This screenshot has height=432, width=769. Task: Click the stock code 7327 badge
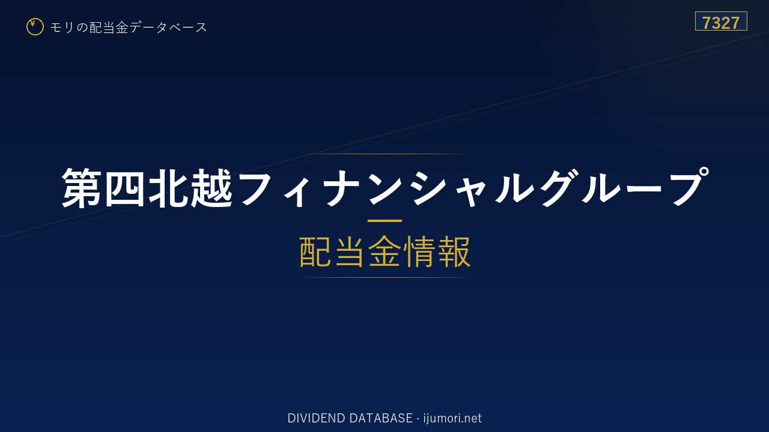click(721, 21)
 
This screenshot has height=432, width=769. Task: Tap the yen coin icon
click(35, 27)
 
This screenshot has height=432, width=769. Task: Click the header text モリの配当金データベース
click(129, 28)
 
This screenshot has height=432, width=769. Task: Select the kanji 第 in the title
click(81, 188)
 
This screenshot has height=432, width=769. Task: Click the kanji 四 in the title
click(124, 188)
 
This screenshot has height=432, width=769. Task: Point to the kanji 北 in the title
click(168, 188)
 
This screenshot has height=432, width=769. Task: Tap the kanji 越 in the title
click(211, 188)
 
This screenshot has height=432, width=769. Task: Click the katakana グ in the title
click(561, 188)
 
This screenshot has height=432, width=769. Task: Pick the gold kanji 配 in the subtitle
click(314, 251)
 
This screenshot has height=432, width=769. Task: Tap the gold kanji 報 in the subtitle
click(454, 251)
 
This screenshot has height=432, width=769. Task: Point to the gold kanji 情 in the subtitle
click(419, 251)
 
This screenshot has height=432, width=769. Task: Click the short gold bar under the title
click(384, 221)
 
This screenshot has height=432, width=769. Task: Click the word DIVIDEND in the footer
click(316, 418)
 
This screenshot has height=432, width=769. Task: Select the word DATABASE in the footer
click(381, 418)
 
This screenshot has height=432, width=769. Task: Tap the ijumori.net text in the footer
click(452, 418)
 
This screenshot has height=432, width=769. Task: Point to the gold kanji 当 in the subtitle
click(349, 251)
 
